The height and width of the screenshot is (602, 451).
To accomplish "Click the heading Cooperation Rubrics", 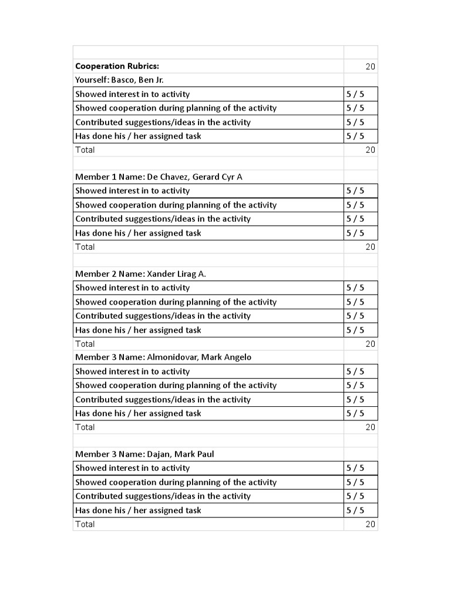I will pyautogui.click(x=117, y=66).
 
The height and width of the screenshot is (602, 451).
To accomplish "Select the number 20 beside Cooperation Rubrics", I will pyautogui.click(x=370, y=66).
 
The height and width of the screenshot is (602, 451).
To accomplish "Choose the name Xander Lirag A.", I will pyautogui.click(x=176, y=274).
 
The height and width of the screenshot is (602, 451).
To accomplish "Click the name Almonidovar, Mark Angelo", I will pyautogui.click(x=195, y=357).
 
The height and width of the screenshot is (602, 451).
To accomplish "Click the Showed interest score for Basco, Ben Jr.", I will pyautogui.click(x=355, y=94).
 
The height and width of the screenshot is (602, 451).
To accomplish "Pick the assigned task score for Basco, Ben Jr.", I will pyautogui.click(x=355, y=136).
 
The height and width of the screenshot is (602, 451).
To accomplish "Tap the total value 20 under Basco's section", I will pyautogui.click(x=370, y=150).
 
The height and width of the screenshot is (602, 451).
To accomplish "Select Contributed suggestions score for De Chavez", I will pyautogui.click(x=355, y=219).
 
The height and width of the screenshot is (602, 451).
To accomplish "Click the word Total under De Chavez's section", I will pyautogui.click(x=85, y=247).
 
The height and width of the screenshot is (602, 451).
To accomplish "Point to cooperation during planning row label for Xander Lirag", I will pyautogui.click(x=176, y=302).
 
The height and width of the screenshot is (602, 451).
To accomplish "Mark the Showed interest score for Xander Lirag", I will pyautogui.click(x=355, y=288).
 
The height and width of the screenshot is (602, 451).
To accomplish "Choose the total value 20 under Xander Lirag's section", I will pyautogui.click(x=370, y=344).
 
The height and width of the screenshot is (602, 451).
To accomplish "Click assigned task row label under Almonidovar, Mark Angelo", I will pyautogui.click(x=138, y=413).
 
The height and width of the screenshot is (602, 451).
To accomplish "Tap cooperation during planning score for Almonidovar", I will pyautogui.click(x=355, y=386).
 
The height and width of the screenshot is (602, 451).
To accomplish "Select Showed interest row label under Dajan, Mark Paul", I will pyautogui.click(x=132, y=468).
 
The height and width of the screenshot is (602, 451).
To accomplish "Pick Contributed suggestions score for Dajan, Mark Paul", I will pyautogui.click(x=355, y=496).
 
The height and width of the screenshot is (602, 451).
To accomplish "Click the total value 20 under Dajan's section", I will pyautogui.click(x=370, y=524).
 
